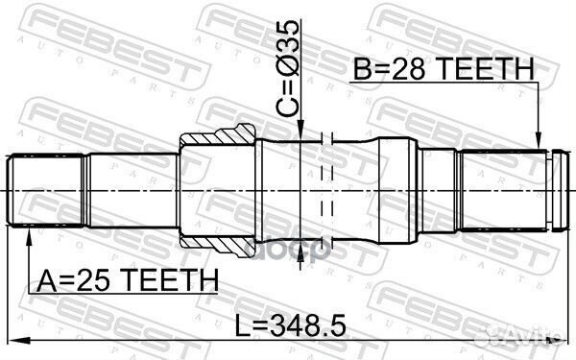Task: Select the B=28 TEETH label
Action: coord(442,70)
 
